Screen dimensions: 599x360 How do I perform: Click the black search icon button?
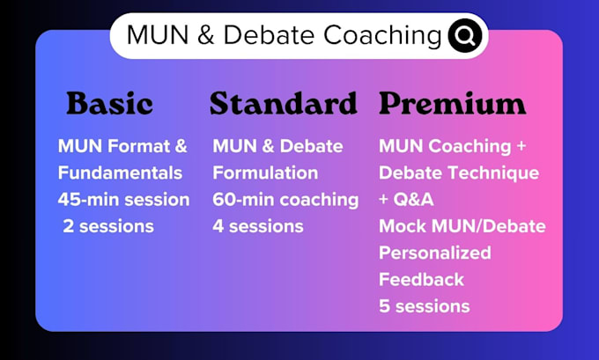[465, 35]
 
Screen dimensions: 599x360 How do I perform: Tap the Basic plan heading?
[109, 103]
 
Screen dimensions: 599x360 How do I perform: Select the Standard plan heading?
[284, 103]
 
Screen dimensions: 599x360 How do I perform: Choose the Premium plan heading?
[452, 103]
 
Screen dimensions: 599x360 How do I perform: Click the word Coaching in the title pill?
[383, 35]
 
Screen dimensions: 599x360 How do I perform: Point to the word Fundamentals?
[120, 173]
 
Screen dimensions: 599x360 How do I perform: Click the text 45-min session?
[124, 200]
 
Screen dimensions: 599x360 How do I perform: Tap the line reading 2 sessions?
[108, 226]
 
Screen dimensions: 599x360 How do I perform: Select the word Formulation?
[265, 173]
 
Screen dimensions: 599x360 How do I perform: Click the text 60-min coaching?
[285, 200]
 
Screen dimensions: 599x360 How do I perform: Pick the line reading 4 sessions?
[258, 226]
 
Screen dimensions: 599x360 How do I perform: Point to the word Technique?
[493, 173]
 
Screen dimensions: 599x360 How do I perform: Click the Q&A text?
[414, 200]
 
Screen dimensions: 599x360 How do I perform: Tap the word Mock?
[403, 226]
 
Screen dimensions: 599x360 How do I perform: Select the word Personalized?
[435, 253]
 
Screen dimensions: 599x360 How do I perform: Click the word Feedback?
[421, 280]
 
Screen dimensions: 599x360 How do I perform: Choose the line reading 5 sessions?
[425, 306]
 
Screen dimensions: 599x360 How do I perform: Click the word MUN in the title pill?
[158, 35]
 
